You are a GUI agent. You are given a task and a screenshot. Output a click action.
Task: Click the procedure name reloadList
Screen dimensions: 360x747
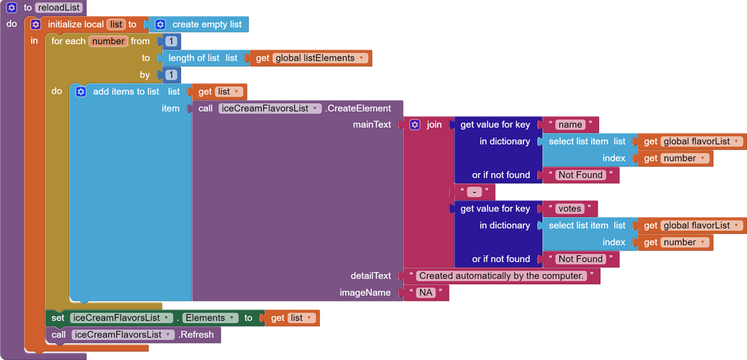pyautogui.click(x=59, y=7)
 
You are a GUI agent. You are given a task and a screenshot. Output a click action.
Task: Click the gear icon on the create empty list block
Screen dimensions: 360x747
pyautogui.click(x=160, y=25)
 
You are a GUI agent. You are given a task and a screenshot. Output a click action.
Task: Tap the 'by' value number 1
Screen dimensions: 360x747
pyautogui.click(x=171, y=74)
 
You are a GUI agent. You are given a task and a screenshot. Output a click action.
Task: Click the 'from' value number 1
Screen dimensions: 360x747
pyautogui.click(x=171, y=41)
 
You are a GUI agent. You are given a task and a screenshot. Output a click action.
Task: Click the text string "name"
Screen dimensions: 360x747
pyautogui.click(x=569, y=125)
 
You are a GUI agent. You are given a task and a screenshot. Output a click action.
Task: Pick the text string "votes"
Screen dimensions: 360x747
pyautogui.click(x=569, y=208)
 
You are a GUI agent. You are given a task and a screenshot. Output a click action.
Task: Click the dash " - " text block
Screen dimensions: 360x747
pyautogui.click(x=473, y=192)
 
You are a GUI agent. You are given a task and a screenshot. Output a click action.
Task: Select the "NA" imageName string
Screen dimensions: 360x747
pyautogui.click(x=426, y=293)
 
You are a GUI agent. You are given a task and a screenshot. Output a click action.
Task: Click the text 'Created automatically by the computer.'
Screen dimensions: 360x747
pyautogui.click(x=501, y=276)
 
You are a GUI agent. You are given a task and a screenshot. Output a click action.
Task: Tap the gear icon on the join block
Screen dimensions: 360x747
pyautogui.click(x=414, y=125)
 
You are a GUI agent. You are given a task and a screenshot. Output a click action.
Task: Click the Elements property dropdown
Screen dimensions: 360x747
pyautogui.click(x=210, y=318)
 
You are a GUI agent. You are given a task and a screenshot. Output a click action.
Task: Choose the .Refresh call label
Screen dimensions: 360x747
pyautogui.click(x=196, y=335)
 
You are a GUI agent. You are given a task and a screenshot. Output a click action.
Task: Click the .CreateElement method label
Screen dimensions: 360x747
pyautogui.click(x=358, y=108)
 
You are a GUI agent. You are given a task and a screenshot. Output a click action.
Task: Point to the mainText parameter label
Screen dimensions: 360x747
pyautogui.click(x=371, y=125)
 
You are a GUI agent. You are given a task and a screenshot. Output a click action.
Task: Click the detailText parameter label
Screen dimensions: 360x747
pyautogui.click(x=370, y=276)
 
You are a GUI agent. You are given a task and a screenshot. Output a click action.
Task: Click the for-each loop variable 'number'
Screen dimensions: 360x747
pyautogui.click(x=108, y=41)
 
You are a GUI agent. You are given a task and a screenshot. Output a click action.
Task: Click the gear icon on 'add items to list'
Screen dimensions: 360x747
pyautogui.click(x=81, y=92)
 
